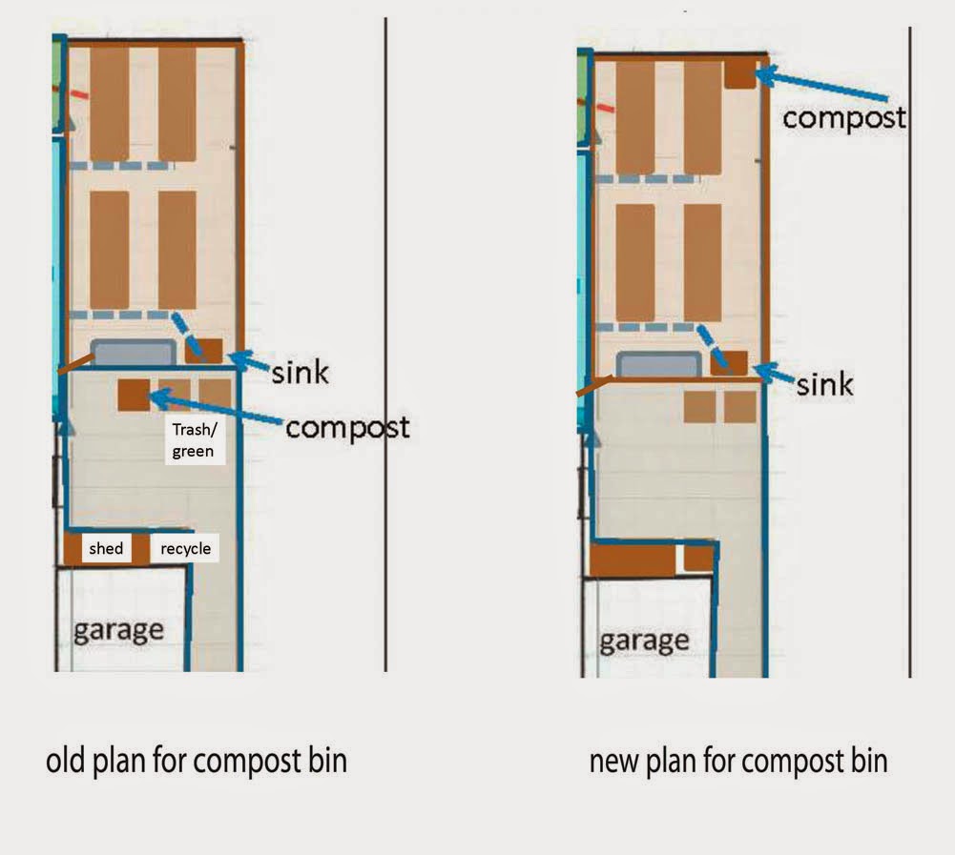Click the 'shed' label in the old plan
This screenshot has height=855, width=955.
[x=106, y=548]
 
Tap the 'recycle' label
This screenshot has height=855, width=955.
[x=186, y=549]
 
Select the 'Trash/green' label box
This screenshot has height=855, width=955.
[x=195, y=440]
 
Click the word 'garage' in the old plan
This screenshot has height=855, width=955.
[x=118, y=631]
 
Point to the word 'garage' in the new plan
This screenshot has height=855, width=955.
[x=644, y=641]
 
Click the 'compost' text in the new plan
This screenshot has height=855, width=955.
[x=844, y=117]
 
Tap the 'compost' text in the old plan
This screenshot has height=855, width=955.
[x=347, y=427]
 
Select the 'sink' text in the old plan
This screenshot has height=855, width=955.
[x=301, y=372]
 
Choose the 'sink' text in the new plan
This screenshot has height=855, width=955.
[x=824, y=384]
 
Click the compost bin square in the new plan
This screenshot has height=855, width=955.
[x=740, y=74]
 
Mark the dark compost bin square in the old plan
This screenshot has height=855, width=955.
[x=134, y=395]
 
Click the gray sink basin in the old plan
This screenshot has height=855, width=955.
[x=134, y=353]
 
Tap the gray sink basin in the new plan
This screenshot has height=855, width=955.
[x=659, y=364]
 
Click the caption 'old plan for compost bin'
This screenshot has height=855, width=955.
[x=197, y=762]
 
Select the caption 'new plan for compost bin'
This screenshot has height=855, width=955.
[x=738, y=762]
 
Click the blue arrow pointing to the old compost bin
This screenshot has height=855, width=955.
[x=217, y=409]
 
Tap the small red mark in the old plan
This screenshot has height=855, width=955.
[x=79, y=94]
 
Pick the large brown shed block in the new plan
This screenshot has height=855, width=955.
[x=633, y=560]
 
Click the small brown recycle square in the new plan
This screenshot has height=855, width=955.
[x=698, y=558]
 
